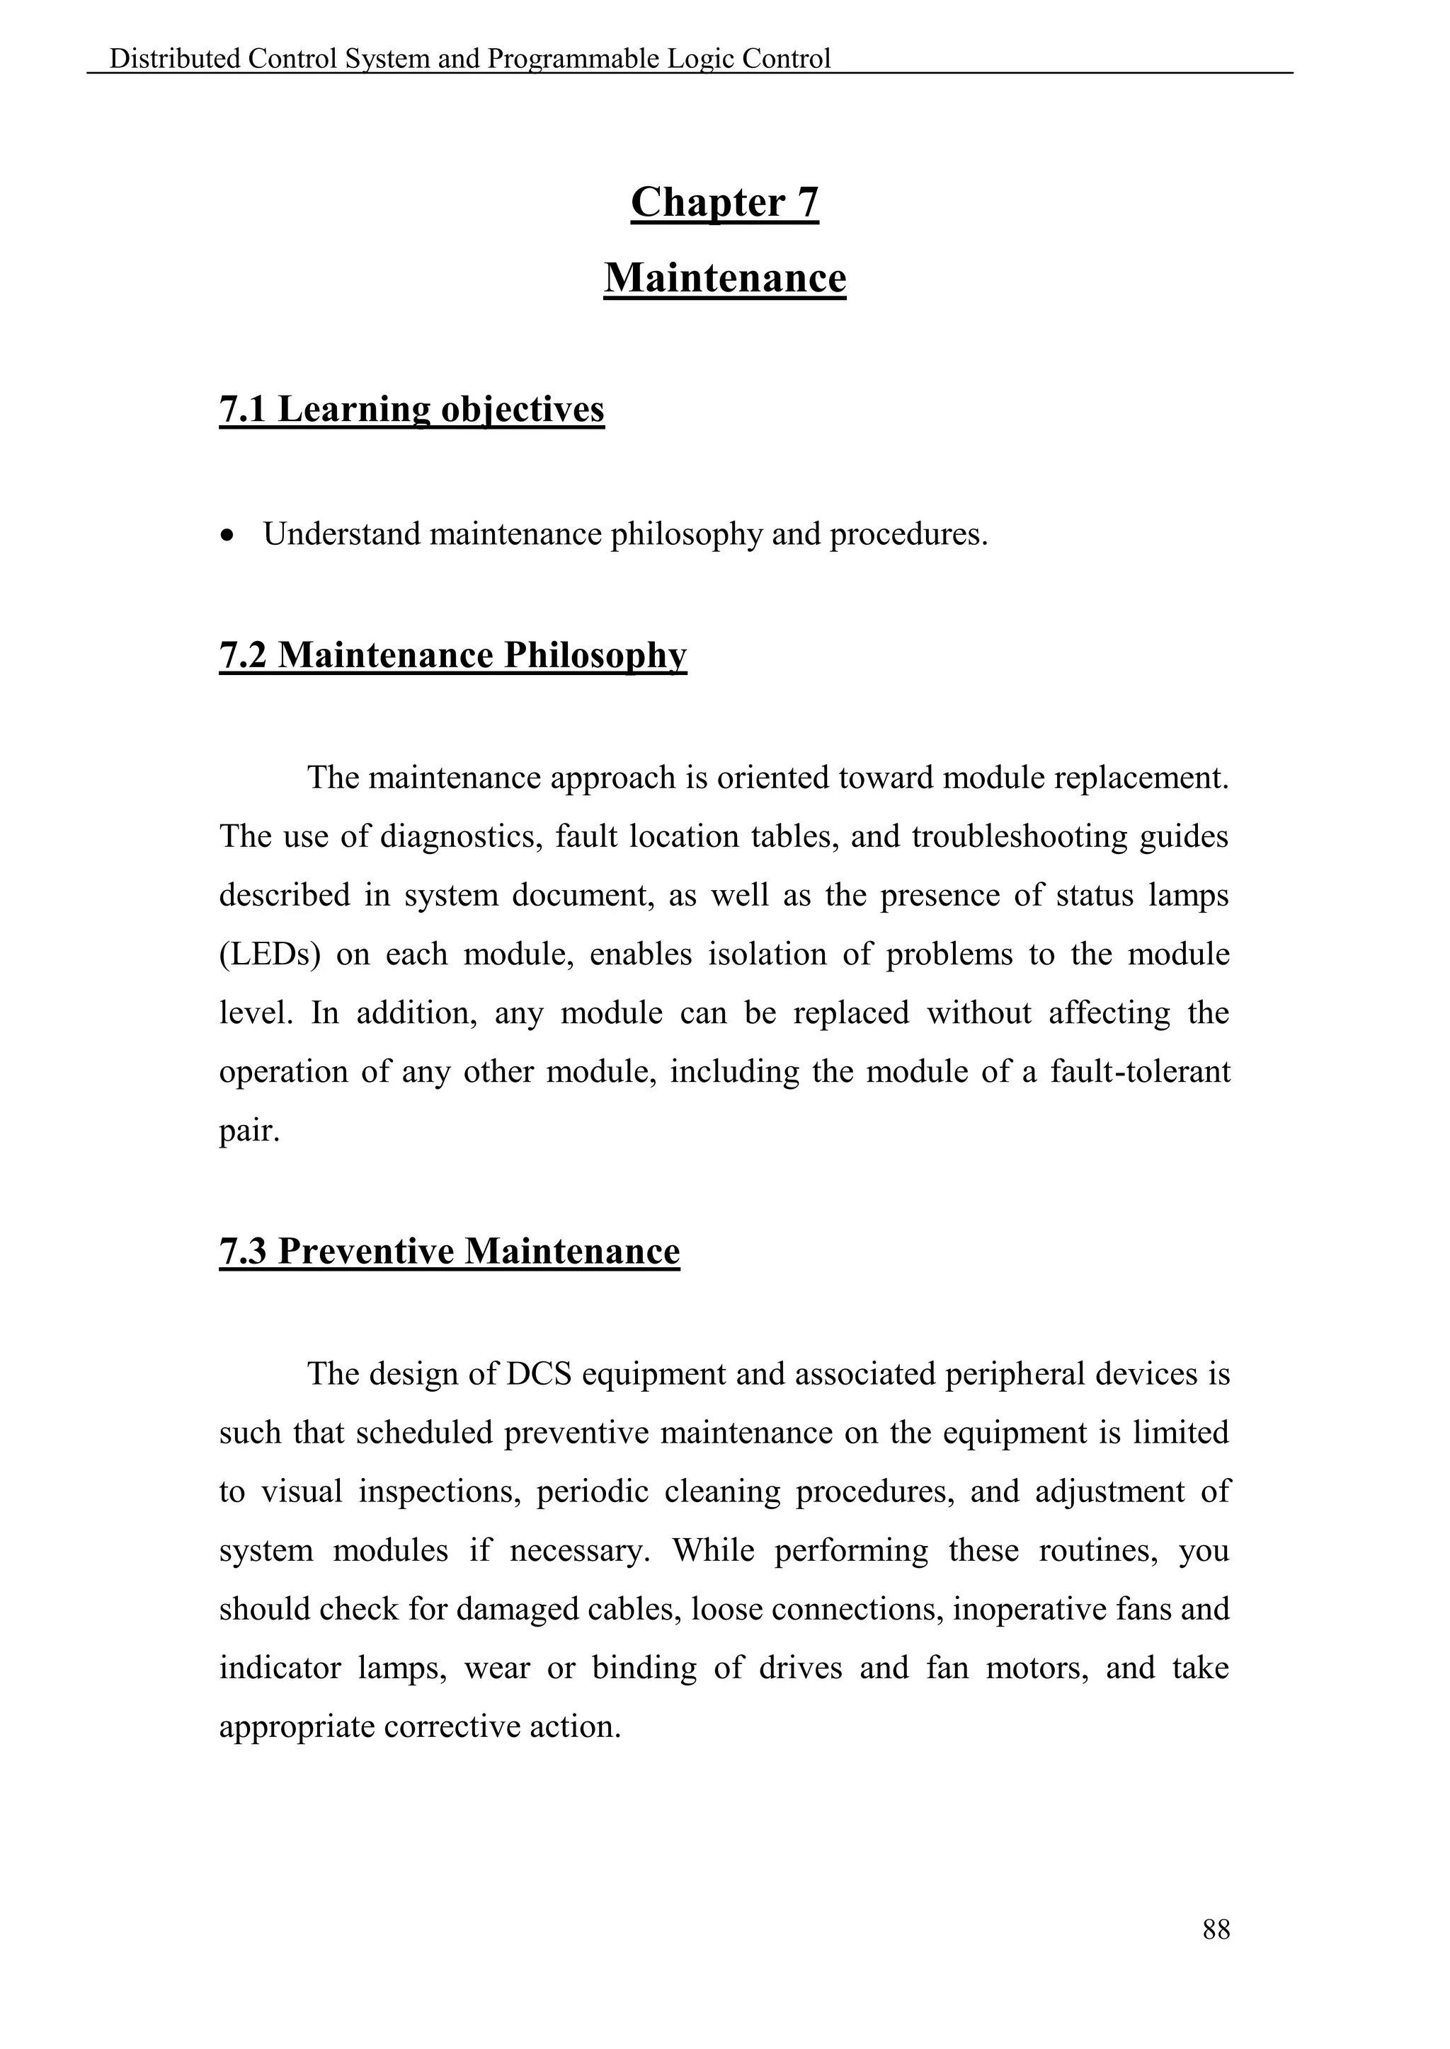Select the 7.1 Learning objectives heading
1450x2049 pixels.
point(411,410)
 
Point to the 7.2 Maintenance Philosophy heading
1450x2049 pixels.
point(452,655)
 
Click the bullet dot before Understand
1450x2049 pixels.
point(229,536)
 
